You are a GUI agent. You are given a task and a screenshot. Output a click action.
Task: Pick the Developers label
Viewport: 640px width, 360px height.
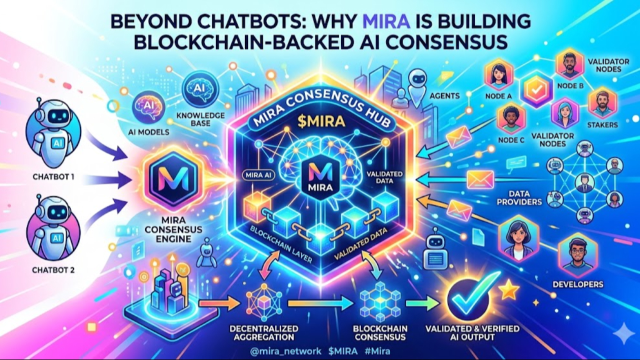(x=578, y=284)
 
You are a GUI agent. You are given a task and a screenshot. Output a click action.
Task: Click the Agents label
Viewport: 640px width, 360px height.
(x=444, y=95)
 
